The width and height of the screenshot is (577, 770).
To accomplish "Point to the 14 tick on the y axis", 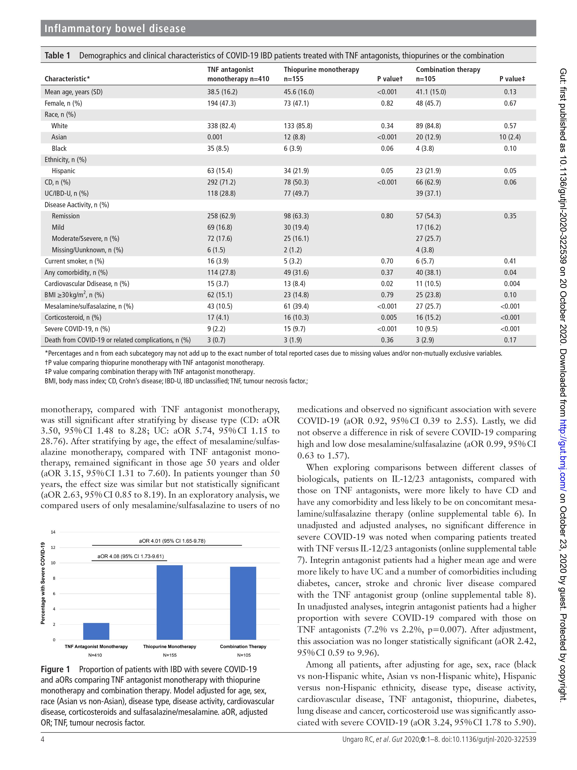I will [53, 532].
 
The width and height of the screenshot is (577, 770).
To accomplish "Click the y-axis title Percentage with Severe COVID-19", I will [43, 583].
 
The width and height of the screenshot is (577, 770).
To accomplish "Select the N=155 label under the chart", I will [170, 655].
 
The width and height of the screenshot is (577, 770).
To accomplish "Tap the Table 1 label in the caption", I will [57, 56].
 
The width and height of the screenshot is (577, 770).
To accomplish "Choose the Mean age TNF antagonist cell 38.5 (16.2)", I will [222, 92].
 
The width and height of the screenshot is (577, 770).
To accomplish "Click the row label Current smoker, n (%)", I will [74, 261].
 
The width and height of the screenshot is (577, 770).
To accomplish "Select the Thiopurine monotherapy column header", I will [321, 70].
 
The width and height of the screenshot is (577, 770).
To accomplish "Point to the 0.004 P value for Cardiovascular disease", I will [512, 284].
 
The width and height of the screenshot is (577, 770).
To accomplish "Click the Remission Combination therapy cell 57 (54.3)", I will [428, 216].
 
